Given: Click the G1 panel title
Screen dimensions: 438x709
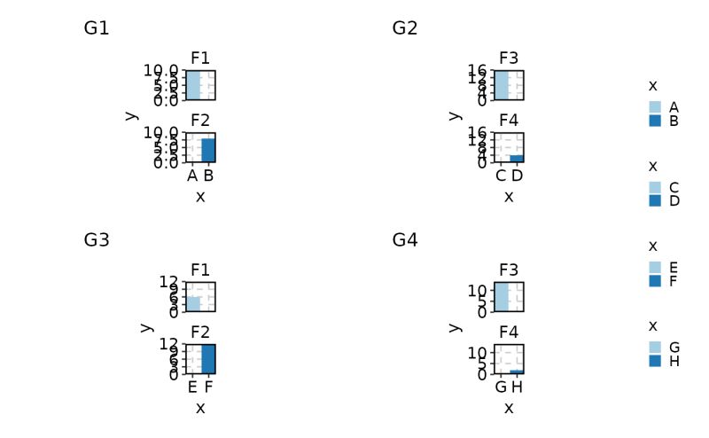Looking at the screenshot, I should (97, 28).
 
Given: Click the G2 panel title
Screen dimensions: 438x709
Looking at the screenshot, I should (405, 28).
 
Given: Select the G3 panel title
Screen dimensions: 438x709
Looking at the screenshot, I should (97, 239).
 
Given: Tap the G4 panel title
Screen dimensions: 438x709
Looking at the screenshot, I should (405, 239).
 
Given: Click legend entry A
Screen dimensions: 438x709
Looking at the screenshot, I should (674, 106).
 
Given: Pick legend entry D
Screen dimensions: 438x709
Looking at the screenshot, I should (674, 201).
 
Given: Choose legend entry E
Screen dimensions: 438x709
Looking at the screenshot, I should (674, 267).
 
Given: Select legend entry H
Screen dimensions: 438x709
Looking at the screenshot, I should (674, 361).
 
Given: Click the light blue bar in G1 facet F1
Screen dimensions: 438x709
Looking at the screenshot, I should (193, 85).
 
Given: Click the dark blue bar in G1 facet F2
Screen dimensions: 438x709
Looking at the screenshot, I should (208, 151).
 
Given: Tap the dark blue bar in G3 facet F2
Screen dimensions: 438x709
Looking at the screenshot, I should (208, 359).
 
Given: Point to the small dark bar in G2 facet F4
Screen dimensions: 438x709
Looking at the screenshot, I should (517, 159).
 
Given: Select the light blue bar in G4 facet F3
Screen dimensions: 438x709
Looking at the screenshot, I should (502, 297).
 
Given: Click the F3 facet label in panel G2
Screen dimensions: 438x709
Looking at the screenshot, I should (509, 59).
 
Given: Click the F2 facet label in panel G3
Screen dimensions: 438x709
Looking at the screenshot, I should (200, 332).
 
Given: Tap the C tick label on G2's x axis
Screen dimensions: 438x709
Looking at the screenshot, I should (501, 176).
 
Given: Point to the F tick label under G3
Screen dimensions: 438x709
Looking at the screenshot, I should (208, 387).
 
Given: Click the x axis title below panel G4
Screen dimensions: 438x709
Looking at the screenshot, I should (509, 408).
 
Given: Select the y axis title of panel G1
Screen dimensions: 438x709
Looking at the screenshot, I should (131, 116).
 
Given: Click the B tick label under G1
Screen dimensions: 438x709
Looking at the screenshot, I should (208, 176).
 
